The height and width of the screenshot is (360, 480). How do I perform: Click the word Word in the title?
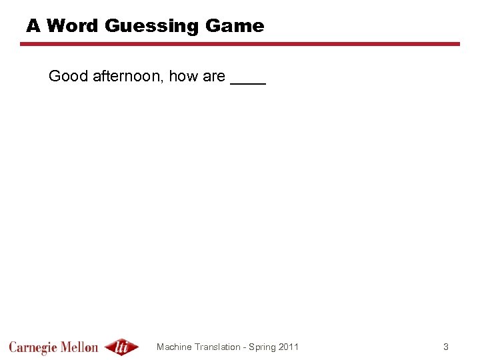[x=73, y=26]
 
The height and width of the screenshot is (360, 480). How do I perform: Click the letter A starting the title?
[x=33, y=26]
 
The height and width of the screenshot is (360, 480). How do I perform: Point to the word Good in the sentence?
[x=68, y=77]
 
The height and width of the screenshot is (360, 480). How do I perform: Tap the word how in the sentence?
[x=182, y=77]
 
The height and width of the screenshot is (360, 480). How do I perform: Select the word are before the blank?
[x=213, y=77]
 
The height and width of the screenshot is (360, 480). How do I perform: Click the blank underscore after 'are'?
[x=248, y=83]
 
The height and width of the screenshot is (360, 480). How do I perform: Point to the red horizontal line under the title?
[x=240, y=44]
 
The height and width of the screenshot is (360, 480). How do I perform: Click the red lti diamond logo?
[x=122, y=347]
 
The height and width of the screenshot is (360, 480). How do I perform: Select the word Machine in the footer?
[x=174, y=347]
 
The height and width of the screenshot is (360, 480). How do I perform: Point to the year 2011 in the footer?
[x=289, y=347]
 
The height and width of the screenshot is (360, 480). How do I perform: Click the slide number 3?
[x=446, y=347]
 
